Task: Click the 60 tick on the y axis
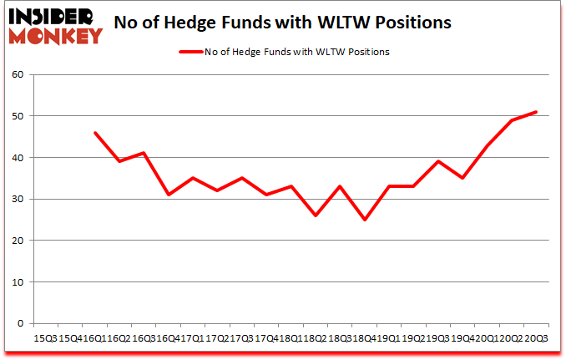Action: (23, 75)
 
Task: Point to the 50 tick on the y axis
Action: (23, 116)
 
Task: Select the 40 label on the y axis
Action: (23, 158)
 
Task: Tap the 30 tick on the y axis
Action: (23, 199)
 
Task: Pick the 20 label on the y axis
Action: (23, 241)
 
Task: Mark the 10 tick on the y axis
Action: (23, 281)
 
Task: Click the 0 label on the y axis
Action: (25, 323)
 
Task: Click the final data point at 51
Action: (535, 112)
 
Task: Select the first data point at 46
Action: (95, 133)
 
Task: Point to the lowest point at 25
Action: (365, 220)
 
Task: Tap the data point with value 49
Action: (511, 120)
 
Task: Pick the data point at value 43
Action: (487, 145)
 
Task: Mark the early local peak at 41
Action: (144, 153)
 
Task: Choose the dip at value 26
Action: (316, 215)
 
